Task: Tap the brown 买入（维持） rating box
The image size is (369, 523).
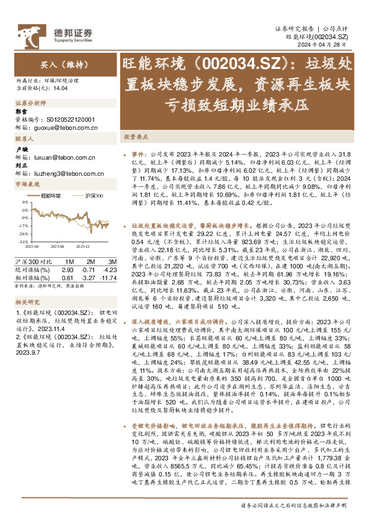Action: coord(59,64)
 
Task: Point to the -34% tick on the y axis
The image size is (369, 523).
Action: coord(21,241)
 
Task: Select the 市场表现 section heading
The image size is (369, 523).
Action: coord(27,184)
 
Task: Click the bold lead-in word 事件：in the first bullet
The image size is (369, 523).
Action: coord(138,152)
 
